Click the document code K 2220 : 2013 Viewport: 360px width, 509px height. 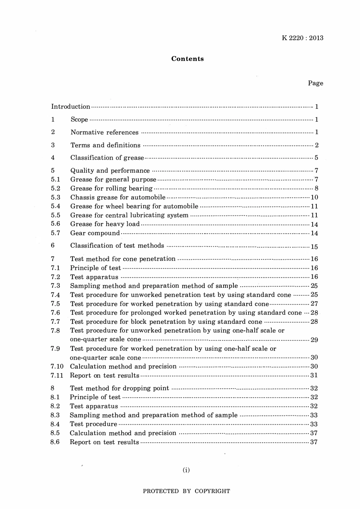(x=302, y=38)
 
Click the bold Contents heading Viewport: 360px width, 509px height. (x=187, y=59)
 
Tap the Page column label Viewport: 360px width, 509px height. (x=315, y=83)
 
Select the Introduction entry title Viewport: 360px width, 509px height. (x=71, y=107)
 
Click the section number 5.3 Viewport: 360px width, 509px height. (x=56, y=197)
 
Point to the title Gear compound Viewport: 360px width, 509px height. (x=95, y=233)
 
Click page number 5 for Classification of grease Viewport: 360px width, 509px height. (x=316, y=158)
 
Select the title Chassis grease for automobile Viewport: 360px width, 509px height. (x=118, y=197)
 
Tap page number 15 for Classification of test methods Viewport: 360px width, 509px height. (x=314, y=247)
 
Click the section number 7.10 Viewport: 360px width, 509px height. (x=57, y=367)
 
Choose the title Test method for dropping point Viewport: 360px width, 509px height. (x=119, y=388)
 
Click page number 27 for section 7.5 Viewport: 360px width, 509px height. (x=314, y=304)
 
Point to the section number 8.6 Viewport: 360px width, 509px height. (x=55, y=442)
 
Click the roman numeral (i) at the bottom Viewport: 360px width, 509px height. (x=186, y=470)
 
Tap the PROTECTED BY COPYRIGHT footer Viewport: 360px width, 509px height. (x=186, y=491)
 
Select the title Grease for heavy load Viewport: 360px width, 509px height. (x=105, y=224)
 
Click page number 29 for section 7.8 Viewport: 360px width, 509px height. (x=314, y=340)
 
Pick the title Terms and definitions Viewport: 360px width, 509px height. (x=105, y=145)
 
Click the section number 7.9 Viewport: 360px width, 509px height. (x=55, y=349)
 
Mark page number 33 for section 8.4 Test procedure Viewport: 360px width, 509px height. (x=314, y=424)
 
